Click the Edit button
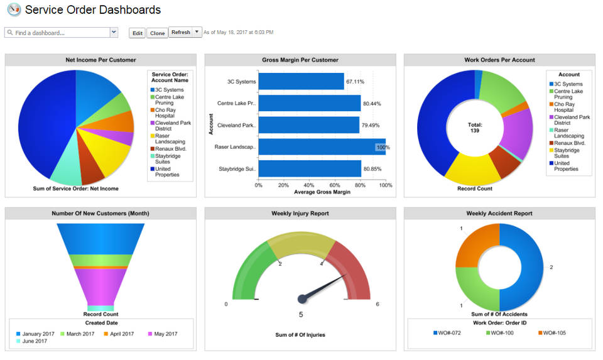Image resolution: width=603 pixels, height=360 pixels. click(x=137, y=33)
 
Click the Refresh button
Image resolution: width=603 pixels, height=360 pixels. click(x=180, y=33)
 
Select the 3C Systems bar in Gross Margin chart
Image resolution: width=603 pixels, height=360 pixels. click(x=301, y=81)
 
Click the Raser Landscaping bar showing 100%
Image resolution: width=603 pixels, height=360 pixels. click(x=321, y=147)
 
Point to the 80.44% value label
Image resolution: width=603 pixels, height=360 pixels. click(x=372, y=104)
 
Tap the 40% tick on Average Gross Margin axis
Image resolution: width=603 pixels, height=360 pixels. click(x=309, y=185)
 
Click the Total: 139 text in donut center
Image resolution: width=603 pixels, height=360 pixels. click(x=475, y=128)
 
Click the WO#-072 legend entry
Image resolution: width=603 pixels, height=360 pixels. click(x=447, y=332)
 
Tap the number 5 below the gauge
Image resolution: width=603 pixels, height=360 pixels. click(x=300, y=315)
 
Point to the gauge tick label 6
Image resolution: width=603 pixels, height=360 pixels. click(x=377, y=304)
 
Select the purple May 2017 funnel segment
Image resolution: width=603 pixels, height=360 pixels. click(x=100, y=286)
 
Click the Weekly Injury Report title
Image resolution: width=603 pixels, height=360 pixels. click(x=300, y=214)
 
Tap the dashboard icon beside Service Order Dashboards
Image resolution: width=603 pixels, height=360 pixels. click(x=14, y=10)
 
